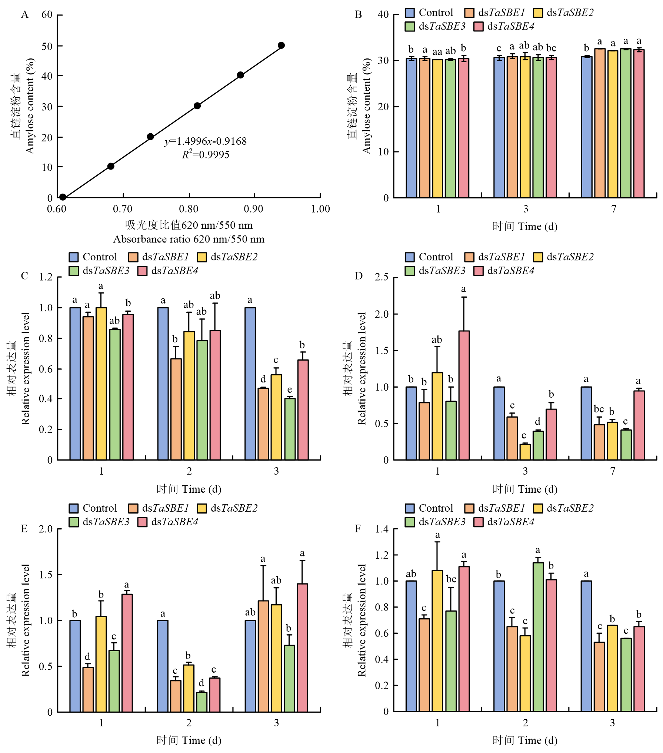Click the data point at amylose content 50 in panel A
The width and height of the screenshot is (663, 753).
(x=281, y=46)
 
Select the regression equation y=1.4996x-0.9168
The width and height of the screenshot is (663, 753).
(x=206, y=141)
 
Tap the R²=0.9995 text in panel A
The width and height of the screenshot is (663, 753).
(x=206, y=154)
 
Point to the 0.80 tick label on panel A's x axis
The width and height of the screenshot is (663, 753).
(x=189, y=209)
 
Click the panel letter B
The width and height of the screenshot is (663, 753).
(x=358, y=15)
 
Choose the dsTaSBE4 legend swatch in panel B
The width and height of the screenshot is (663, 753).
(x=479, y=27)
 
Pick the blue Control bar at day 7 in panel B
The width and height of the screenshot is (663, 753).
(x=586, y=127)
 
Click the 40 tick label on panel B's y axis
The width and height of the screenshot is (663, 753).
(x=383, y=15)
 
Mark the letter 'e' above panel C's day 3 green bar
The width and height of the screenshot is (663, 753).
(x=290, y=389)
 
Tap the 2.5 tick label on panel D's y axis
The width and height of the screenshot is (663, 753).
(x=382, y=277)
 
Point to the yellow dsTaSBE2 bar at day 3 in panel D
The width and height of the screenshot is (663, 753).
(x=525, y=452)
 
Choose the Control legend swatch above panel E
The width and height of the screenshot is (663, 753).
(x=74, y=508)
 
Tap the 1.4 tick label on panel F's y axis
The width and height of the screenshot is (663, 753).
(x=382, y=529)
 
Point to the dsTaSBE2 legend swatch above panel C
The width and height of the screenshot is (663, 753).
(x=202, y=257)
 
